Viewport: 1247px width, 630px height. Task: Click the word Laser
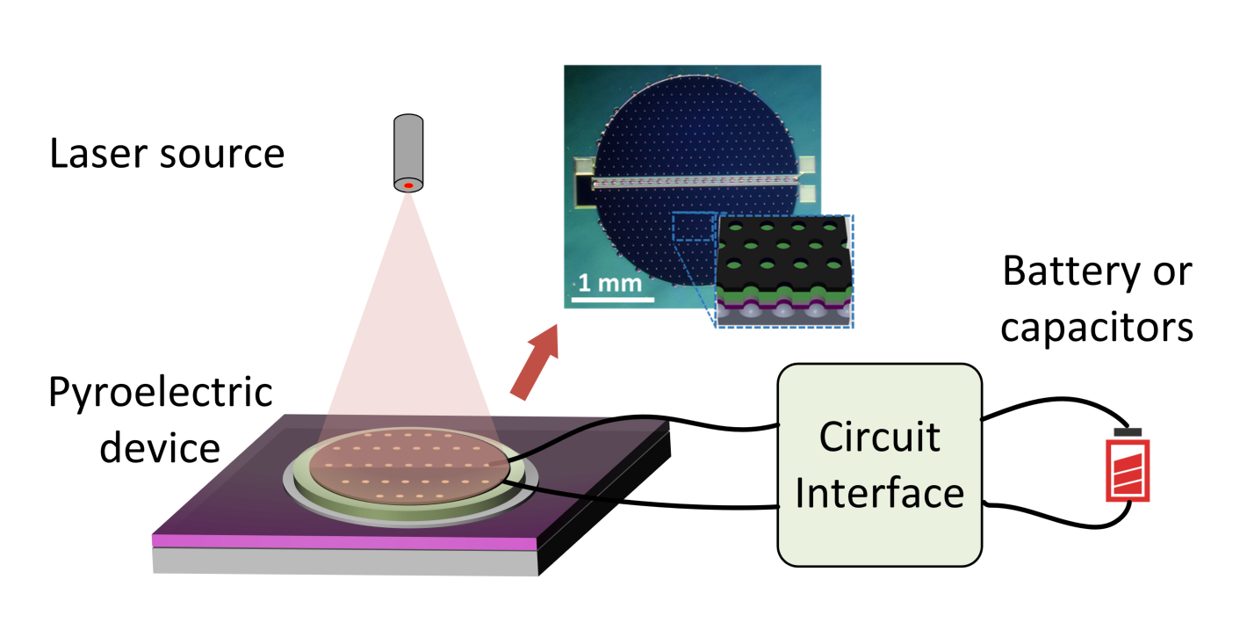click(x=99, y=153)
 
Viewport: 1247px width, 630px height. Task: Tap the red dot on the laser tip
click(x=408, y=185)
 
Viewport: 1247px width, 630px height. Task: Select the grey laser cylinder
click(x=408, y=153)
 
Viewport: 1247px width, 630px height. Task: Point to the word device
click(x=160, y=448)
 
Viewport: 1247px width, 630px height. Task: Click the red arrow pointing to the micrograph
click(x=534, y=362)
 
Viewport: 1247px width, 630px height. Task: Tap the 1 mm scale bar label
click(x=609, y=283)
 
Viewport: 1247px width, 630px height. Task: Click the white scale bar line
click(x=613, y=300)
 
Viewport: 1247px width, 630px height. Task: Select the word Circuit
click(x=880, y=437)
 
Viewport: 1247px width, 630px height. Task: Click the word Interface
click(x=880, y=494)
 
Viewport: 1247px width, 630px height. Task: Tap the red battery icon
click(x=1128, y=470)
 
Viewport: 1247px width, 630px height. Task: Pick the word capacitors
click(x=1097, y=328)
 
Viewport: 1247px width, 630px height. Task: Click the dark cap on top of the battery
click(x=1128, y=432)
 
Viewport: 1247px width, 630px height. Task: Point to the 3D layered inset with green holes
click(x=784, y=272)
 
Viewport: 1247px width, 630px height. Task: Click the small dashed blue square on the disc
click(x=693, y=228)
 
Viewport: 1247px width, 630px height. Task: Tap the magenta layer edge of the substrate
click(x=345, y=542)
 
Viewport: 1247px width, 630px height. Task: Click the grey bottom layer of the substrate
click(x=345, y=561)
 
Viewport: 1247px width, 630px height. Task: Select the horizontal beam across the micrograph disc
click(x=696, y=182)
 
